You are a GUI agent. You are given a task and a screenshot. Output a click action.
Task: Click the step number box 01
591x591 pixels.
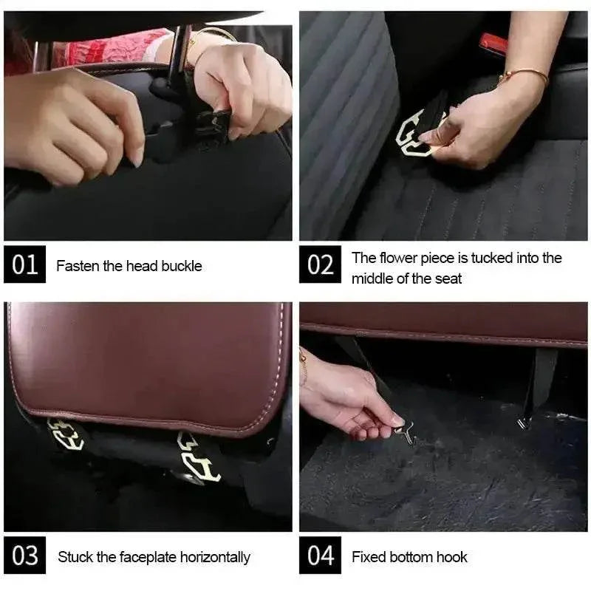click(x=24, y=264)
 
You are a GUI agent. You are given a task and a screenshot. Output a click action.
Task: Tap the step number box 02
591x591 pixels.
click(x=320, y=264)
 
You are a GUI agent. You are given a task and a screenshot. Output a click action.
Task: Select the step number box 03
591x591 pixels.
click(x=24, y=556)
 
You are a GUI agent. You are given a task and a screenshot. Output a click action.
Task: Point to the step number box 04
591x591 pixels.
click(x=320, y=556)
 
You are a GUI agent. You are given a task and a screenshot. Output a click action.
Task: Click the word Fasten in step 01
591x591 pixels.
click(x=78, y=266)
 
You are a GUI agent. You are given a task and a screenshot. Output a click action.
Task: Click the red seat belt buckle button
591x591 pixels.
click(x=493, y=44)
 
